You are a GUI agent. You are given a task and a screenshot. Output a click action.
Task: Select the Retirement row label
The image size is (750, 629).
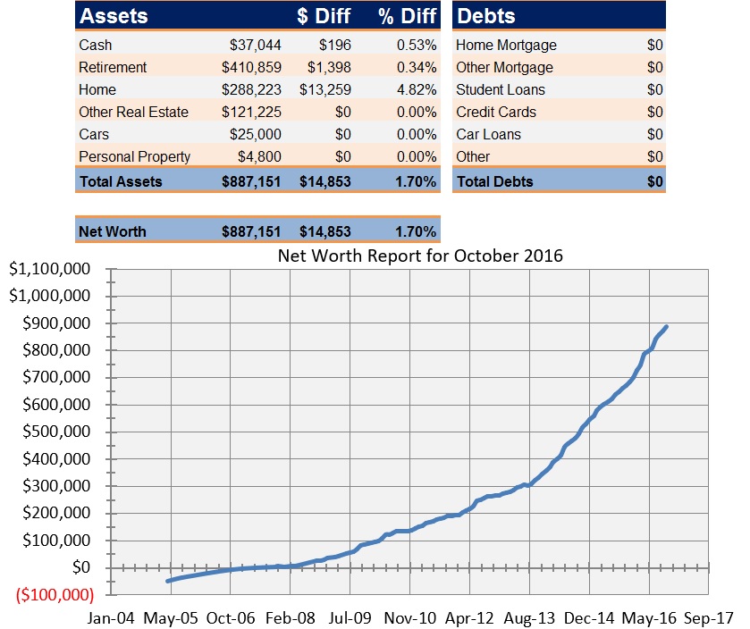[x=113, y=67]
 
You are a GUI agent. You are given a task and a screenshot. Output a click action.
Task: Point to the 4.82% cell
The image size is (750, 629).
[x=417, y=89]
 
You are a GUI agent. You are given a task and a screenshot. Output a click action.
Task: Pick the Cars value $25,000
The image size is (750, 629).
[x=255, y=134]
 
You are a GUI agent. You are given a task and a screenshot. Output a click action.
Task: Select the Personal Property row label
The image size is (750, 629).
[x=134, y=156]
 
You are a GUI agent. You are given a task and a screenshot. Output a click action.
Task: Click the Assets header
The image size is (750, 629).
[x=114, y=16]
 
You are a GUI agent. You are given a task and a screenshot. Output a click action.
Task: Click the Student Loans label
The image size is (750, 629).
[x=500, y=89]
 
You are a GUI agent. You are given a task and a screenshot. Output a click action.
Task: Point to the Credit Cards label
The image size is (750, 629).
[x=496, y=112]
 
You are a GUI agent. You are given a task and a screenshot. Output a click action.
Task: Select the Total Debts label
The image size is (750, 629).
[x=494, y=181]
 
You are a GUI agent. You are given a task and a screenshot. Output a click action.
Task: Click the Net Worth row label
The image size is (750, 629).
[x=112, y=231]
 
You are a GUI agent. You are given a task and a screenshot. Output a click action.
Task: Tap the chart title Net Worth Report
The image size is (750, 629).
[x=420, y=256]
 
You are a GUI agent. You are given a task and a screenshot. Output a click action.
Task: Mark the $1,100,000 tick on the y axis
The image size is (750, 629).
[x=51, y=269]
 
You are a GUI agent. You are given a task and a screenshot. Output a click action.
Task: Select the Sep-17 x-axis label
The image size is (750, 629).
[x=709, y=616]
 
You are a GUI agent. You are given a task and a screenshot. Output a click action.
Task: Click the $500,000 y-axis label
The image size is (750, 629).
[x=55, y=432]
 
